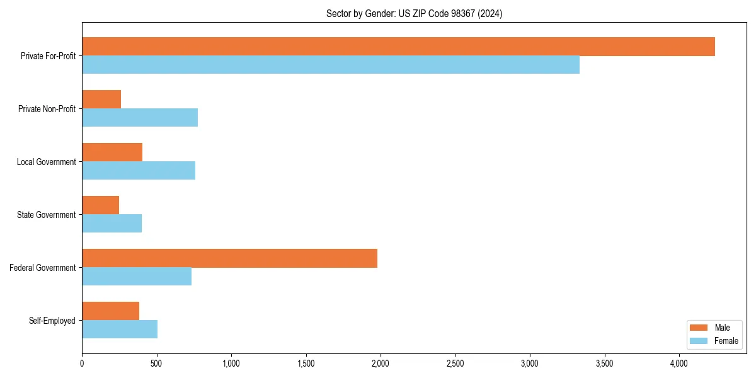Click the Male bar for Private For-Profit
pos(398,47)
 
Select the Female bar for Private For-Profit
pos(331,65)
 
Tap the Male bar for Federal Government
pos(229,258)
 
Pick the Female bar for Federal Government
pos(137,277)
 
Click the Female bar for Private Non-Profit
pos(140,118)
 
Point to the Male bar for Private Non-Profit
pos(101,100)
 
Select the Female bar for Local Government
pos(139,171)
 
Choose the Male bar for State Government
pos(100,205)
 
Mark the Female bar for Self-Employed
pos(120,329)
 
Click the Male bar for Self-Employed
pos(110,311)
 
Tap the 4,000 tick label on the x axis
pos(679,364)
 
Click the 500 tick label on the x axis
pos(156,364)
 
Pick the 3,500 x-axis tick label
pos(604,364)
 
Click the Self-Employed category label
pos(52,321)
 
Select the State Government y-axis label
pos(47,215)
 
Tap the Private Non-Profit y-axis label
pos(47,109)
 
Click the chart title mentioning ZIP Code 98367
pos(414,13)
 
